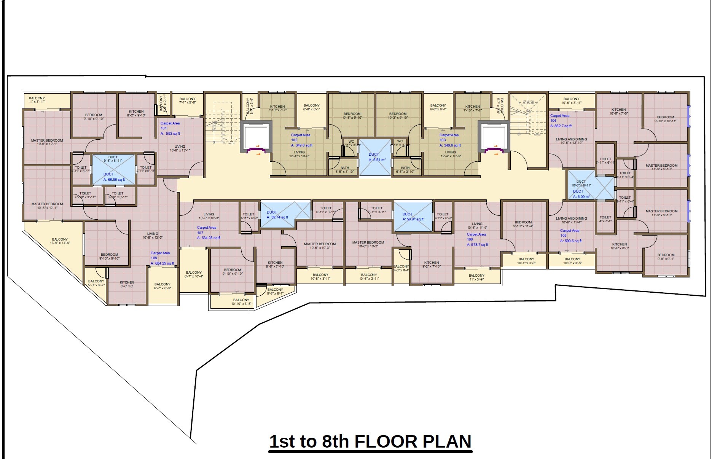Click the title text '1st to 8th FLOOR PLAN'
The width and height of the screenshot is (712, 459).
370,441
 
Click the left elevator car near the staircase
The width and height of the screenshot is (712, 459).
256,137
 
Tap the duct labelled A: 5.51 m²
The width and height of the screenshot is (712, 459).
375,158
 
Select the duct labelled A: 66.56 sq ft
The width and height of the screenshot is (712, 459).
113,170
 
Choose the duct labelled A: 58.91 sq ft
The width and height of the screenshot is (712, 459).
413,217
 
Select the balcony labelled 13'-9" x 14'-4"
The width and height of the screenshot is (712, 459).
60,241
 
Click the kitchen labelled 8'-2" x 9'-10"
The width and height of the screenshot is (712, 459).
136,113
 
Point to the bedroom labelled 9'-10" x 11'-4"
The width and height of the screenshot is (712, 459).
523,224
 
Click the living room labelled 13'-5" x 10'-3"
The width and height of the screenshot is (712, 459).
209,216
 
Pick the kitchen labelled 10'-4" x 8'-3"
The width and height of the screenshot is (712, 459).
619,246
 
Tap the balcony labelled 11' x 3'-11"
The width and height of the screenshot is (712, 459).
37,100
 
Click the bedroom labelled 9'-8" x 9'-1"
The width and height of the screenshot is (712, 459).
666,257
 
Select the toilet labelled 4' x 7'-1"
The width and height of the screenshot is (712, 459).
605,219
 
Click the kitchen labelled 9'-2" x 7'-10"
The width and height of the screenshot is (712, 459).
431,265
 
